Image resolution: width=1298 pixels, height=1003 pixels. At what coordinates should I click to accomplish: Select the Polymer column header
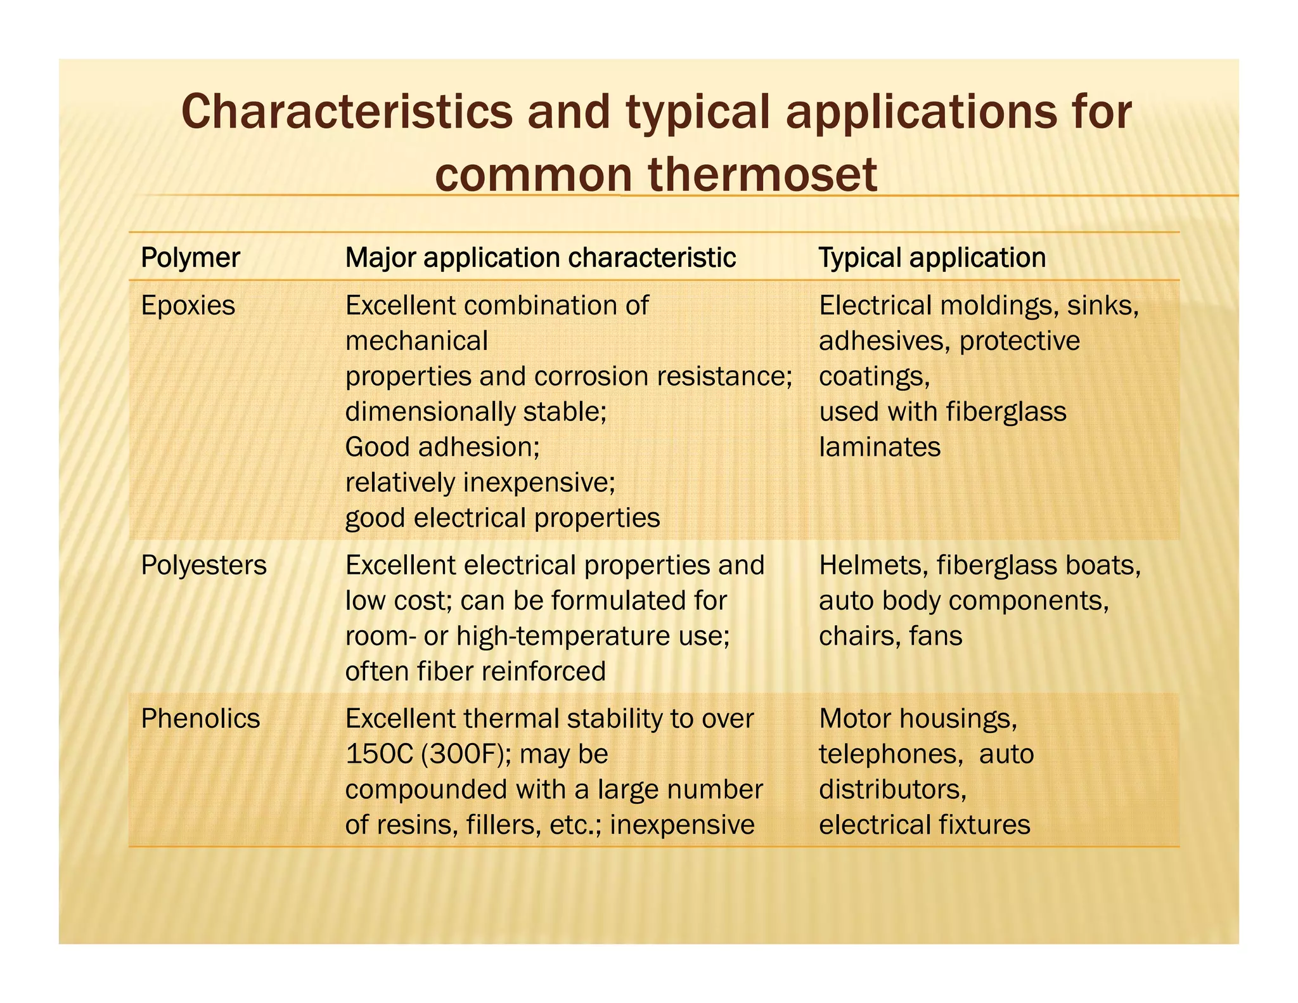pyautogui.click(x=190, y=257)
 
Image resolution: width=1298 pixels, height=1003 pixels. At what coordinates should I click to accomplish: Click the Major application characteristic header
pyautogui.click(x=540, y=257)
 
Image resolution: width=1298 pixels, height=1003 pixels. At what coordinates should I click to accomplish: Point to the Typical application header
pyautogui.click(x=932, y=257)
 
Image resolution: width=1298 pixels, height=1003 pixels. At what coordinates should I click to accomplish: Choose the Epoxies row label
pyautogui.click(x=188, y=306)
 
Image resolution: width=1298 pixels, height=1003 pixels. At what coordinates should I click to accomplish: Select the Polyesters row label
pyautogui.click(x=203, y=565)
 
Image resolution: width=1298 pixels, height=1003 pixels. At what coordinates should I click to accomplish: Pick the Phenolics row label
pyautogui.click(x=200, y=718)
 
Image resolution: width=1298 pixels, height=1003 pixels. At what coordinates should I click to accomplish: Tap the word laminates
pyautogui.click(x=880, y=447)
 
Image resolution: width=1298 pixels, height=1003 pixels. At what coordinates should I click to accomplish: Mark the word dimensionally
pyautogui.click(x=430, y=411)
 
